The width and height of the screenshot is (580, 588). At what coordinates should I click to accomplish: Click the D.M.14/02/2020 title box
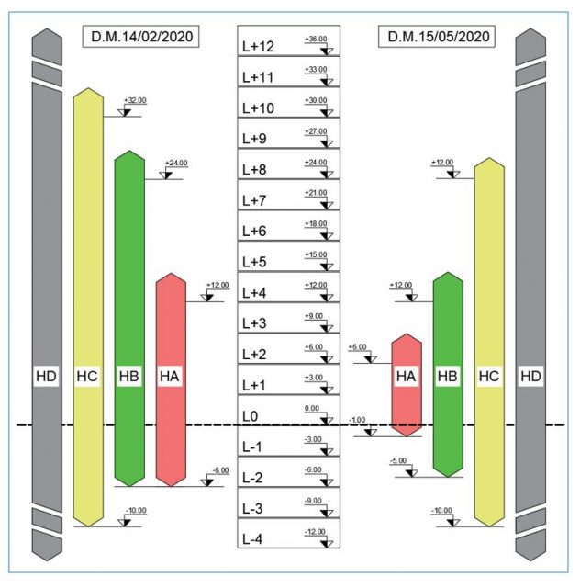coord(141,37)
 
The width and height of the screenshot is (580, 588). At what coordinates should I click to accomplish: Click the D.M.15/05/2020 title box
coord(437,37)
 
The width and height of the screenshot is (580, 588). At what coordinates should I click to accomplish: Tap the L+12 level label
coord(258,47)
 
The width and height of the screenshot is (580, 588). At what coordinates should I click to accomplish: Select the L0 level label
coord(250,416)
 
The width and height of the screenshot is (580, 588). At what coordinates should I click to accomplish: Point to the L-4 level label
coord(252,539)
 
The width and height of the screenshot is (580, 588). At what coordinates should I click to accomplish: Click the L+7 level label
coord(254,200)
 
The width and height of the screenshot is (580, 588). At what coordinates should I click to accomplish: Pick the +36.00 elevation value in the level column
coord(316,39)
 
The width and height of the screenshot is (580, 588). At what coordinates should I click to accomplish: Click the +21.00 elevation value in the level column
coord(316,193)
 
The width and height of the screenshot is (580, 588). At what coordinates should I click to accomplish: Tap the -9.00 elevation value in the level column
coord(313,501)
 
